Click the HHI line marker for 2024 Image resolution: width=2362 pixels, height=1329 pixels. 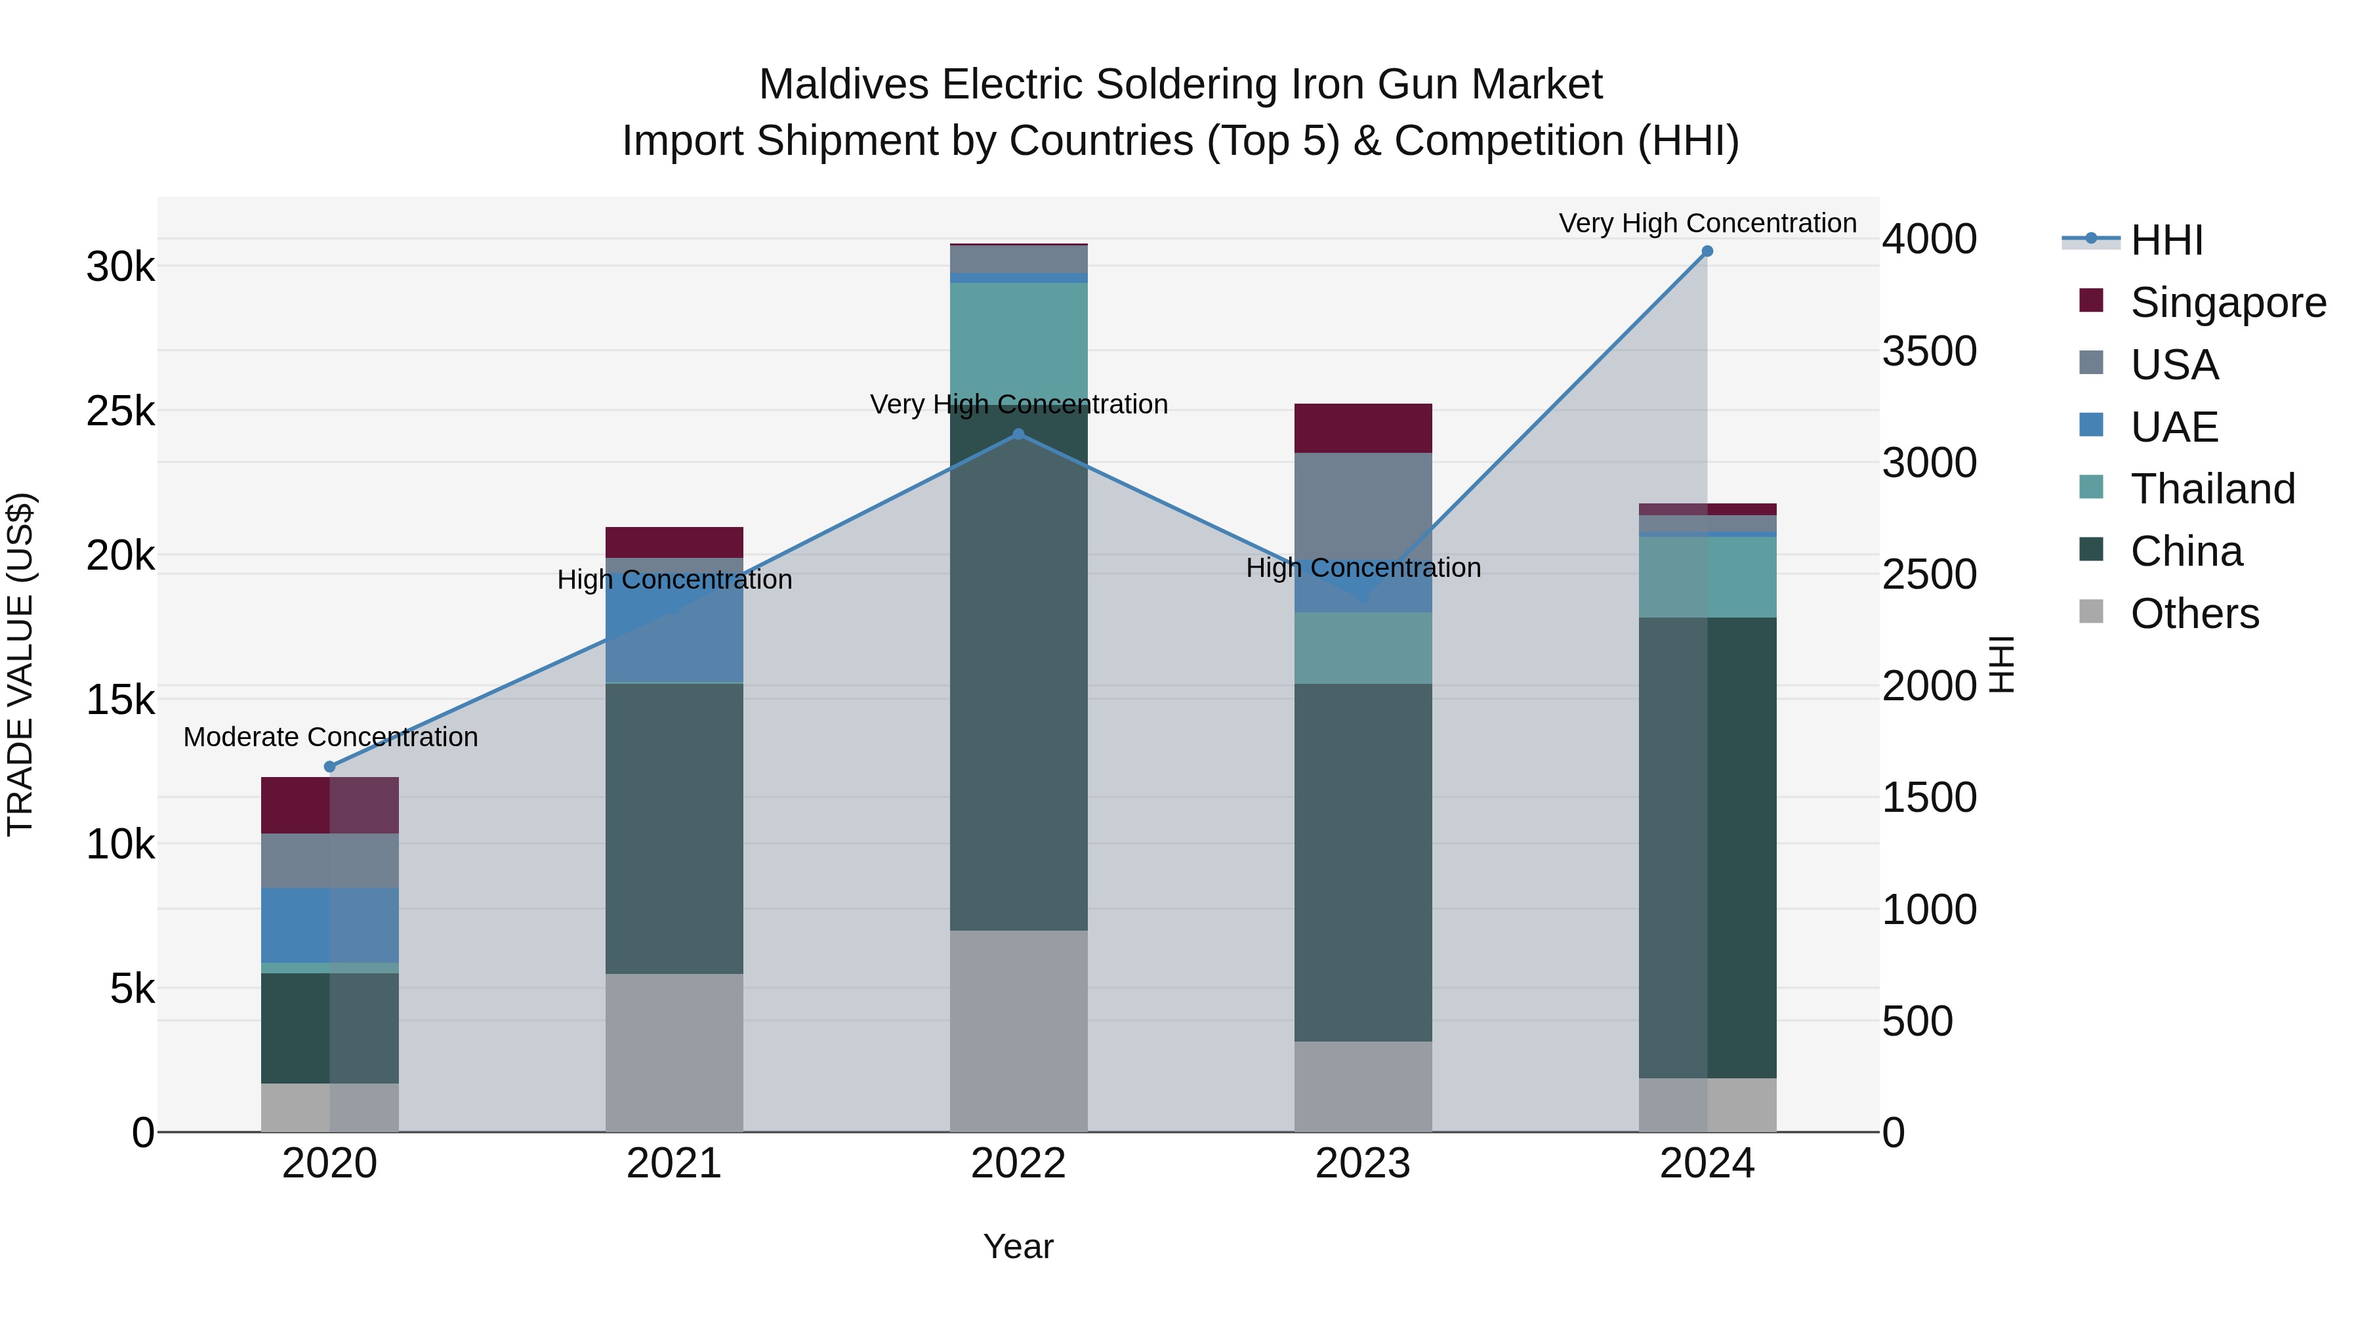click(x=1707, y=251)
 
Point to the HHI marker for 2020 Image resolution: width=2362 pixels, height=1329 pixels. click(x=330, y=766)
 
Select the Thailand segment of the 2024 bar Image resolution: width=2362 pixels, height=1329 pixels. click(x=1707, y=576)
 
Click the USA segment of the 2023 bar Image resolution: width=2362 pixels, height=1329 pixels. click(x=1363, y=514)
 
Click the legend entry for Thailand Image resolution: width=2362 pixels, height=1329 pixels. click(x=2212, y=489)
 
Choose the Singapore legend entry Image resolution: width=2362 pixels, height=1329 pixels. click(x=2227, y=303)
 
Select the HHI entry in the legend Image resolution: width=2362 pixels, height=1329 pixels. click(x=2166, y=240)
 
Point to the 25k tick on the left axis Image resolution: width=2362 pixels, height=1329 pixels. click(x=121, y=411)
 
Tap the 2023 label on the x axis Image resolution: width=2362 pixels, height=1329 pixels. click(x=1363, y=1164)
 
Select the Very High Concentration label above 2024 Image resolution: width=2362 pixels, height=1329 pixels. click(x=1707, y=223)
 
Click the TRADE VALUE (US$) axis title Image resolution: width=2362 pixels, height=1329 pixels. click(x=20, y=664)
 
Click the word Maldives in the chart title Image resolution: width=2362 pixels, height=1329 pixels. click(x=844, y=85)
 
